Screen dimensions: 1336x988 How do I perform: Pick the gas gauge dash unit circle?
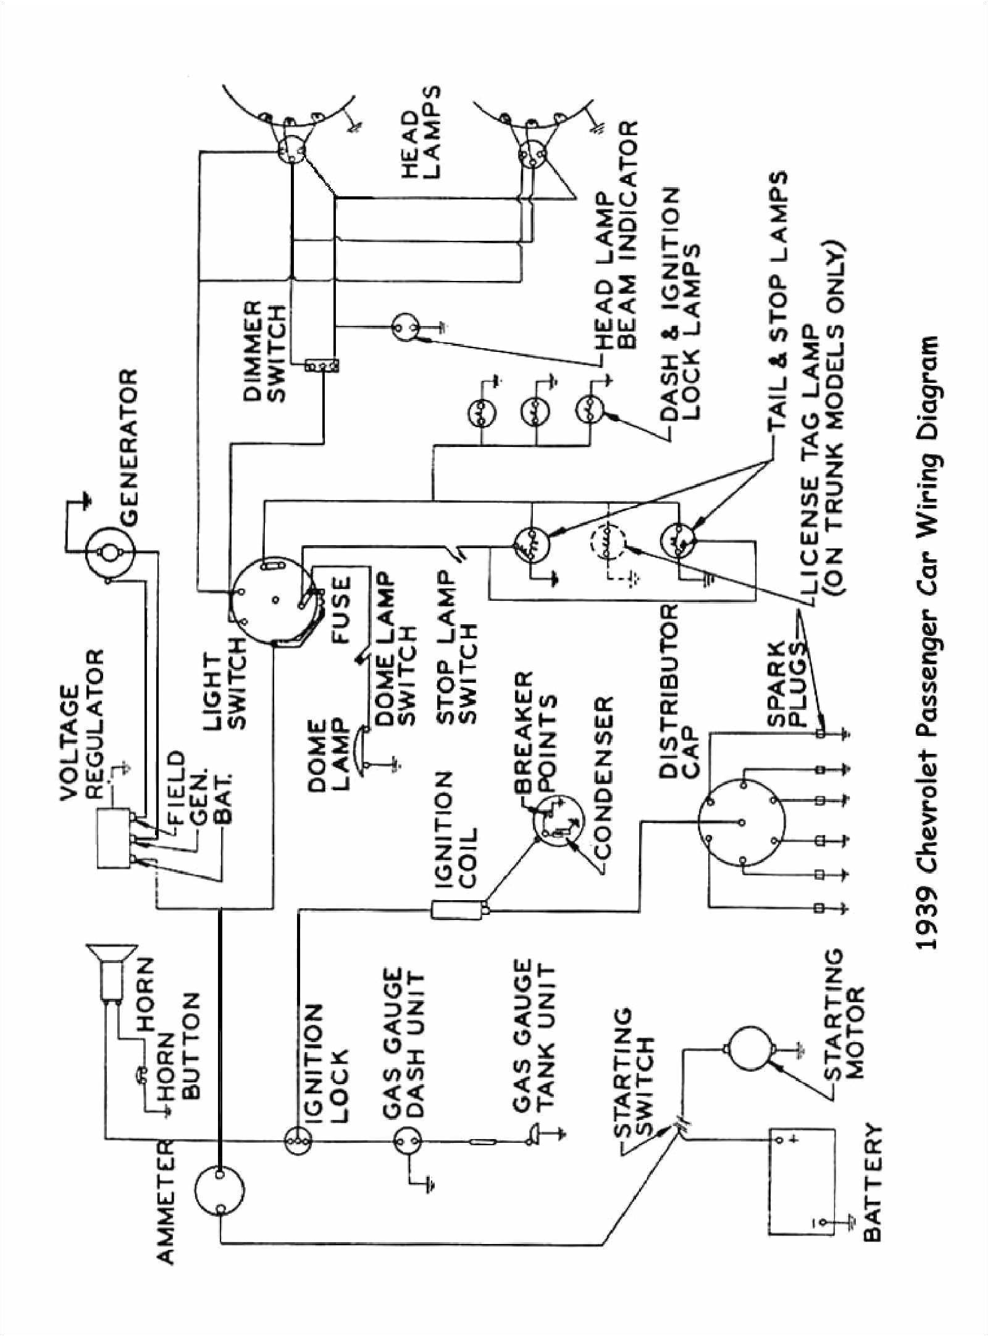(407, 1126)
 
